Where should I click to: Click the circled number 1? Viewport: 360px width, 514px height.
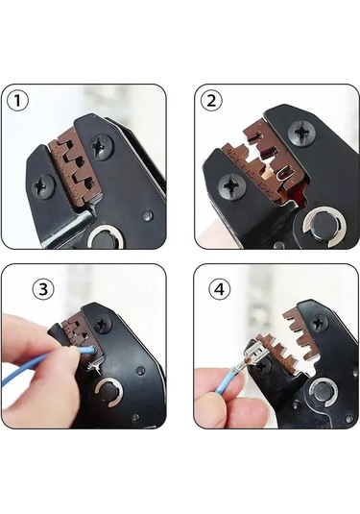point(18,100)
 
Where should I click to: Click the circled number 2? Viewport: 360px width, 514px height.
point(212,100)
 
